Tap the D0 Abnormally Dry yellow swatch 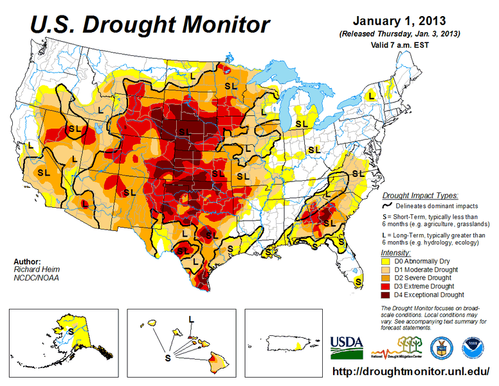pyautogui.click(x=387, y=262)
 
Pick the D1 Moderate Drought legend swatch pyautogui.click(x=387, y=270)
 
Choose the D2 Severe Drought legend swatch pyautogui.click(x=387, y=279)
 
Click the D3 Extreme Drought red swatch pyautogui.click(x=387, y=286)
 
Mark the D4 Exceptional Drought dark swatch pyautogui.click(x=387, y=295)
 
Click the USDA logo pyautogui.click(x=346, y=347)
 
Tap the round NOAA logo pyautogui.click(x=476, y=347)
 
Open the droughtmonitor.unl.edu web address pyautogui.click(x=411, y=372)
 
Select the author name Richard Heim pyautogui.click(x=33, y=270)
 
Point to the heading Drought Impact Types pyautogui.click(x=420, y=195)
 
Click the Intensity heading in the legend pyautogui.click(x=395, y=253)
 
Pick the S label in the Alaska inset pyautogui.click(x=69, y=329)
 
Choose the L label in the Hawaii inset pyautogui.click(x=191, y=318)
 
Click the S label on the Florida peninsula pyautogui.click(x=358, y=281)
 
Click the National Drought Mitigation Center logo pyautogui.click(x=398, y=348)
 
